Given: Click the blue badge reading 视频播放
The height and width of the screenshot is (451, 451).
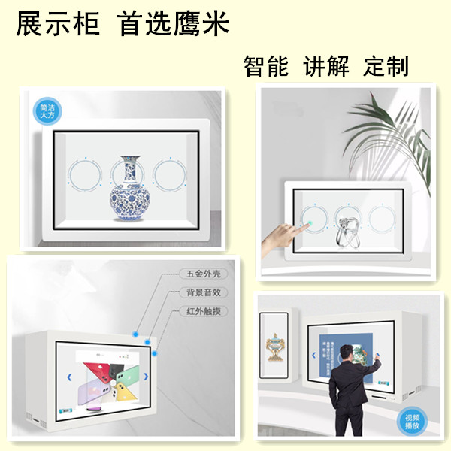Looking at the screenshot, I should click(x=413, y=419).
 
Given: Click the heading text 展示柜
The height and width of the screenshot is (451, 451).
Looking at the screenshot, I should click(x=59, y=24).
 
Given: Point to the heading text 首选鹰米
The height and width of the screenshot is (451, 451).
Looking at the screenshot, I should click(x=174, y=24).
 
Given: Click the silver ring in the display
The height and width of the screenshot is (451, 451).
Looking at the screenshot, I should click(x=347, y=223).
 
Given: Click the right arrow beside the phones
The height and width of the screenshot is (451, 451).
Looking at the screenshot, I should click(x=146, y=377).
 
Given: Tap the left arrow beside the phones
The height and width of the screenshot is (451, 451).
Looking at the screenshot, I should click(x=69, y=377).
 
